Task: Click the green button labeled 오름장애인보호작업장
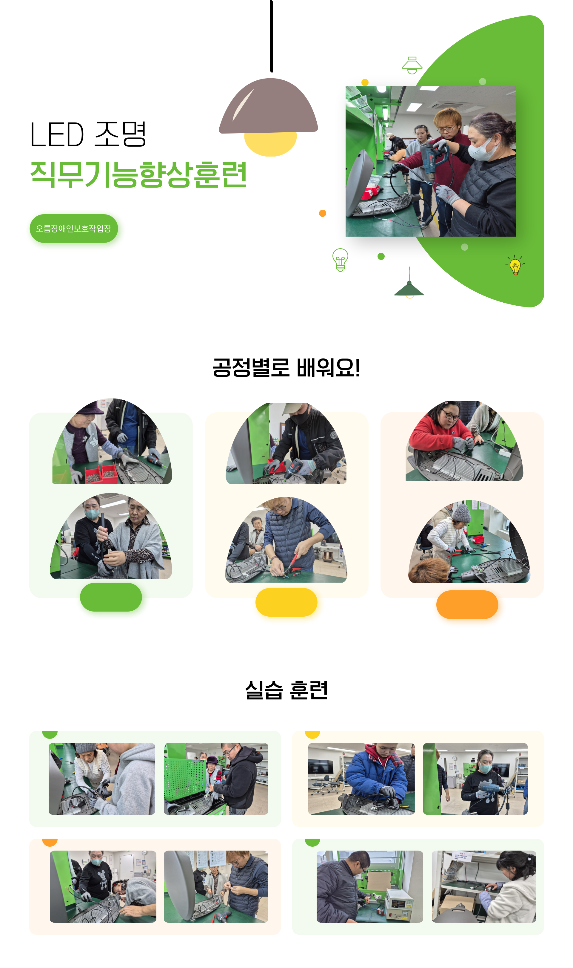pos(74,228)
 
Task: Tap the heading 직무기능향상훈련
pos(138,175)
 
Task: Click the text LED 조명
pos(88,134)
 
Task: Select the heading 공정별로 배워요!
pos(286,367)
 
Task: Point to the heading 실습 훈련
pos(286,690)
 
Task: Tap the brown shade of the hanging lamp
pos(268,106)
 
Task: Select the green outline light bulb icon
pos(340,260)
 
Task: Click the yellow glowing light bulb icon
pos(515,266)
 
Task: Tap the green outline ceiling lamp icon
pos(412,65)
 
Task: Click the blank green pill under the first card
pos(111,597)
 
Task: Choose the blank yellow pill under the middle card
pos(286,602)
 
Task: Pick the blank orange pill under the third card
pos(467,604)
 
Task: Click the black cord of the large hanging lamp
pos(272,36)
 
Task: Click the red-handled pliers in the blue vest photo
pos(293,563)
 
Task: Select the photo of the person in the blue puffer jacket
pos(361,779)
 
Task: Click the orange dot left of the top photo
pos(323,213)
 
